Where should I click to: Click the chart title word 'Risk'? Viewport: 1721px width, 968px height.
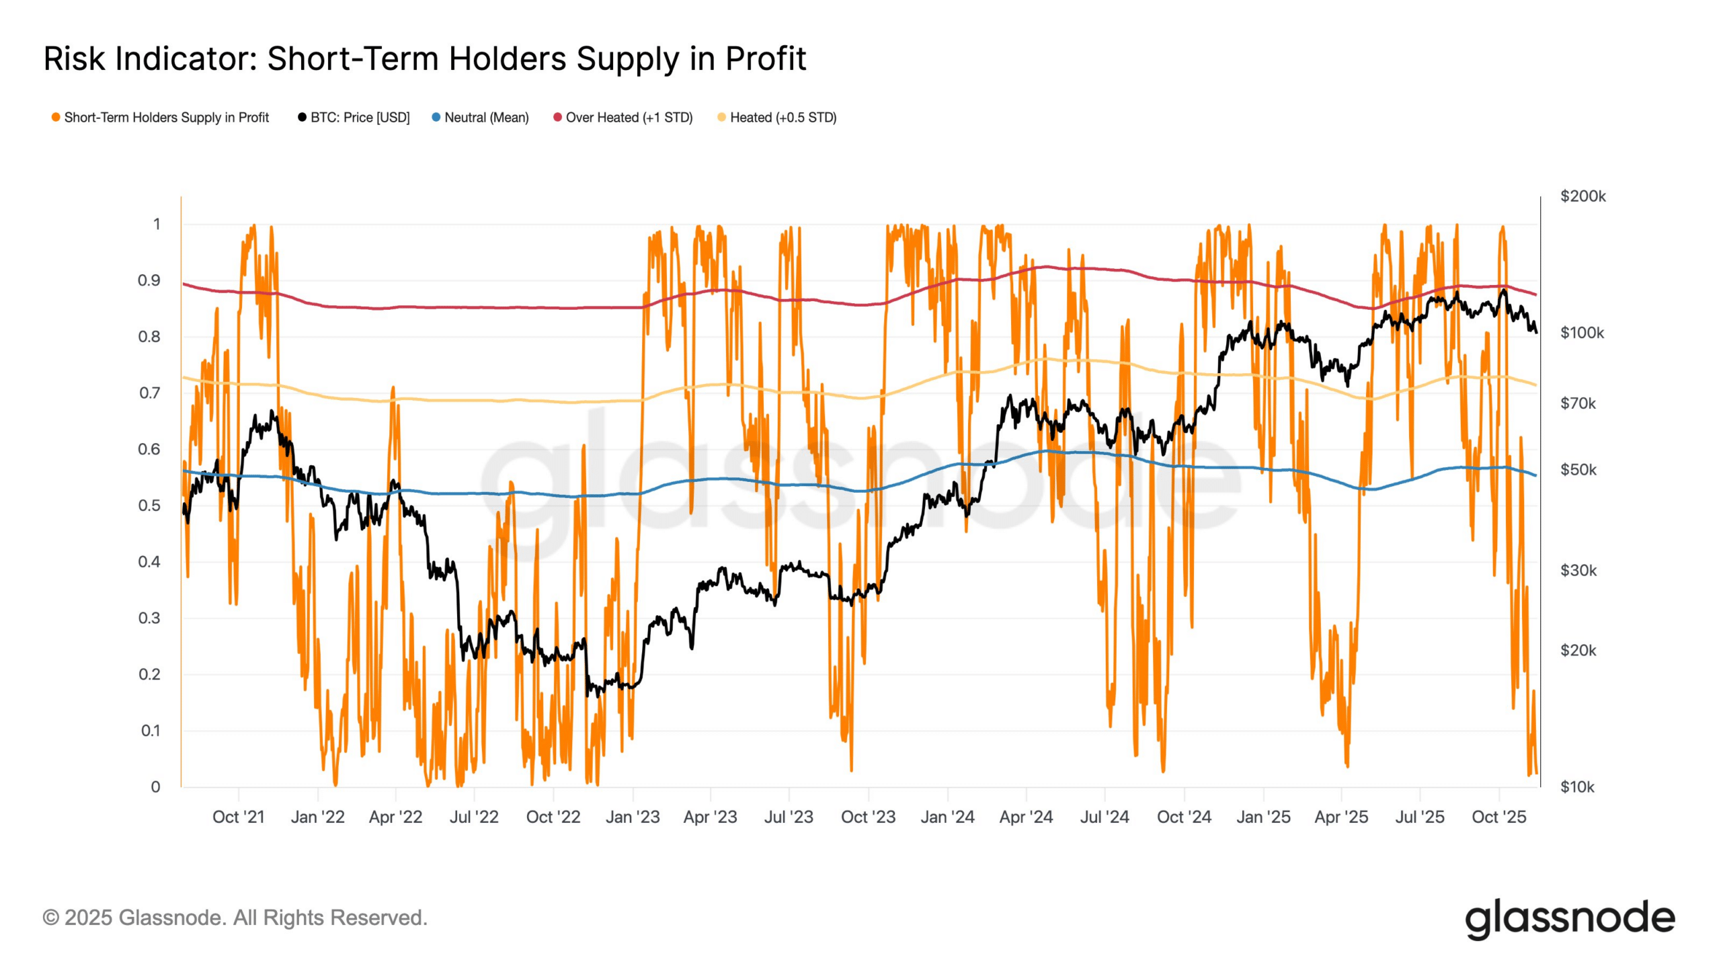74,58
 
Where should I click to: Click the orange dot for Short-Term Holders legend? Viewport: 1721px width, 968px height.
56,118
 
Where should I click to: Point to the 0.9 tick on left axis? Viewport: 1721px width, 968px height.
149,280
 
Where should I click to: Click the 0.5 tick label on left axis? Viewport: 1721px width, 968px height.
149,506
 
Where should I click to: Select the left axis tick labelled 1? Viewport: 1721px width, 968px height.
157,224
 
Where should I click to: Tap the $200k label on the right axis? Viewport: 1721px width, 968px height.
1583,196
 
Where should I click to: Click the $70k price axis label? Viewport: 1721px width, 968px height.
1577,403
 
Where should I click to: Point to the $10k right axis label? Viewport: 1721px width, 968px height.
1576,787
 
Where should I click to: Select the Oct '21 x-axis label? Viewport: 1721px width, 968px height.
239,817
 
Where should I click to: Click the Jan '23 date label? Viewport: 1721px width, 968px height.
632,817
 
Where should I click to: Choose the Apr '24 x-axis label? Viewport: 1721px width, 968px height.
1026,817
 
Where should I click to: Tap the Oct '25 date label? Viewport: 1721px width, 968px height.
1498,817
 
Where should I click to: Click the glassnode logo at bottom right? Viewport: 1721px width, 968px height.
1570,919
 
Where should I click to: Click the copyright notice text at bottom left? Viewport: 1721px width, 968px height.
235,918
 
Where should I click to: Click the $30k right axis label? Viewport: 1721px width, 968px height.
1577,571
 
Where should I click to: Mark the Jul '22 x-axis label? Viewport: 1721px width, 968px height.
474,817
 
